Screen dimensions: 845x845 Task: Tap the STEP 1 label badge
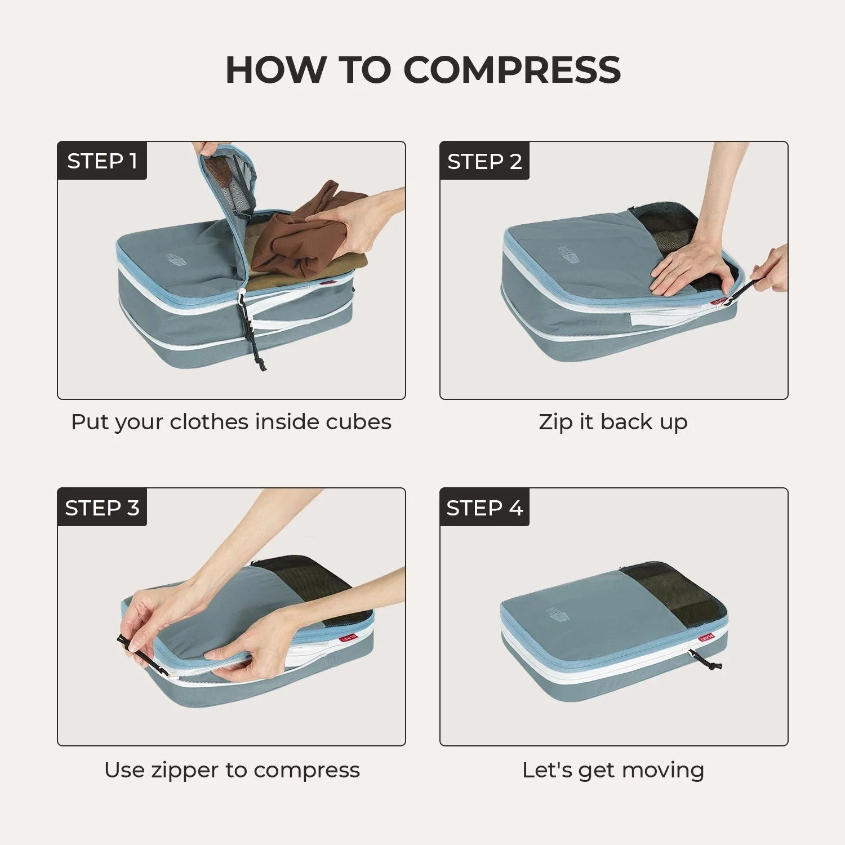click(102, 161)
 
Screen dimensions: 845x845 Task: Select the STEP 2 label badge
click(484, 161)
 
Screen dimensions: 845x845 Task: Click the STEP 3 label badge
click(102, 508)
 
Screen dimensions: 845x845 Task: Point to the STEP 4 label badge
click(484, 508)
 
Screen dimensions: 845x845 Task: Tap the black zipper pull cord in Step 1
click(251, 332)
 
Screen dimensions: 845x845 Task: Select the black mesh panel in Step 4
click(673, 591)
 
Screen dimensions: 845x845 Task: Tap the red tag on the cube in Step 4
click(706, 638)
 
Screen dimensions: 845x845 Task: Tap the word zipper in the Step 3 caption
click(185, 770)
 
